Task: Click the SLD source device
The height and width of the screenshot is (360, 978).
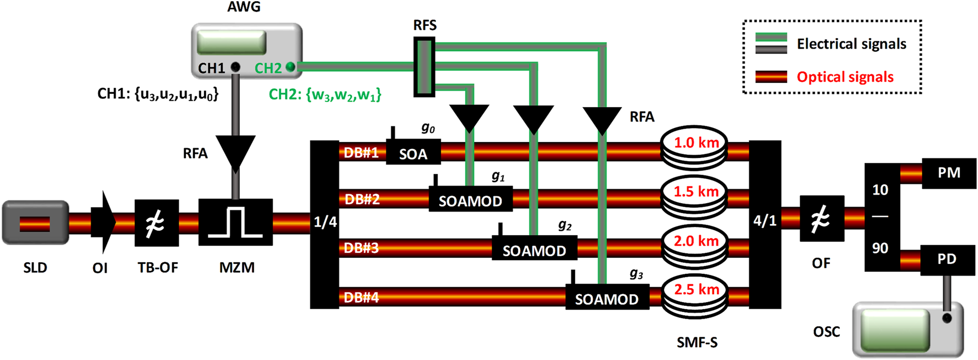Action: pos(35,223)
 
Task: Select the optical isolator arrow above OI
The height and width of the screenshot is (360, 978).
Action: pos(103,223)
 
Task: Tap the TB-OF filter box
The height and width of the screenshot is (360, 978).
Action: pos(157,223)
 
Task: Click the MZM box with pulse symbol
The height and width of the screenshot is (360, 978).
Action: pos(236,222)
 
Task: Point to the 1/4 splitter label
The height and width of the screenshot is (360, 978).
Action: pos(325,222)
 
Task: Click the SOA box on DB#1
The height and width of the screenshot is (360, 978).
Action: pos(413,153)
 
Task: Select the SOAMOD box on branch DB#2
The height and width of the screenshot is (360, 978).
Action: pos(470,200)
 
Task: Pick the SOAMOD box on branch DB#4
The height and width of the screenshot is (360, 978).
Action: pos(607,298)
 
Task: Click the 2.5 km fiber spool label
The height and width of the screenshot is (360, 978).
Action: pos(697,290)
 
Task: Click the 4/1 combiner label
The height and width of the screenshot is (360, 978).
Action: pos(765,221)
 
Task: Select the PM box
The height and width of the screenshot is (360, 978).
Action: pos(949,173)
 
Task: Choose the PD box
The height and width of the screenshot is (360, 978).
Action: pos(947,260)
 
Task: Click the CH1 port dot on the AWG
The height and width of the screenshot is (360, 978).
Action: pos(236,67)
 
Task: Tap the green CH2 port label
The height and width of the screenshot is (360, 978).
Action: pos(268,68)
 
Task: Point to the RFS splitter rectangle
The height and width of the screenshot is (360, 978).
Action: pos(424,67)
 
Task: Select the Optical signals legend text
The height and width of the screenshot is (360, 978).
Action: pos(844,77)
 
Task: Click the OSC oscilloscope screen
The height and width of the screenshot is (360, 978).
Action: pos(895,330)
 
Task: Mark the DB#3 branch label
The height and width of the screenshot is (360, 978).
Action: pos(362,248)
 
